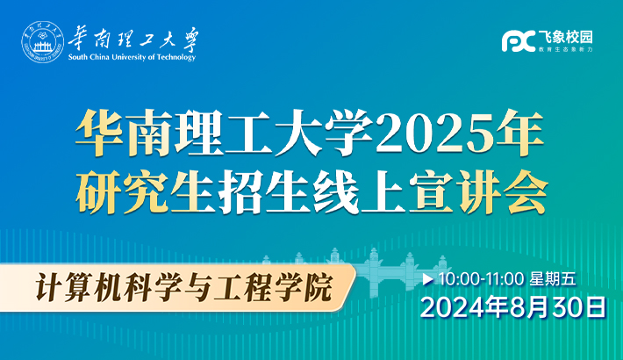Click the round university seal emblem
click(42, 42)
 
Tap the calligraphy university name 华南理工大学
click(133, 40)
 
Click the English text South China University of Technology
click(132, 57)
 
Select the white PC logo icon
click(519, 41)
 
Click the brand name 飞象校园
click(566, 37)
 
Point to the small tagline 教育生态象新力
click(566, 49)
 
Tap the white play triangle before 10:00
click(428, 279)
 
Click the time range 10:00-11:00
click(481, 279)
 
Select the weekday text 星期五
click(553, 279)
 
